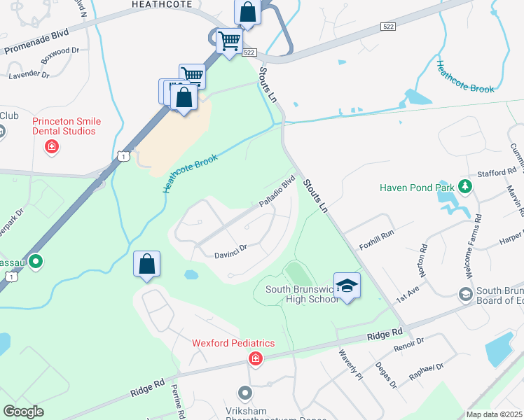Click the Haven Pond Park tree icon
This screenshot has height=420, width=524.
(x=464, y=187)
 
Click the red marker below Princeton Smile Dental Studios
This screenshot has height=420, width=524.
(x=51, y=146)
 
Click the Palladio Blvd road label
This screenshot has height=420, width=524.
(x=277, y=191)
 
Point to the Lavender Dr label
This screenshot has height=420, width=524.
(x=29, y=74)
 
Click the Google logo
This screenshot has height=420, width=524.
(x=23, y=412)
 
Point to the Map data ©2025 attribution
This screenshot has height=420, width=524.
(x=494, y=414)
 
